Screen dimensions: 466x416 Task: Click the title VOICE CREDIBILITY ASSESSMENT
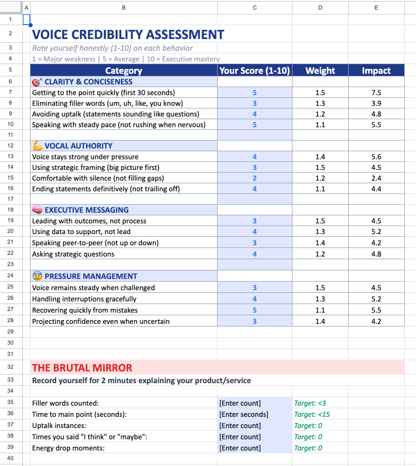(x=128, y=35)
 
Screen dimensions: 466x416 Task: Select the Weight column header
(x=320, y=71)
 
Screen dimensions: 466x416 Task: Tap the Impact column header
(x=376, y=71)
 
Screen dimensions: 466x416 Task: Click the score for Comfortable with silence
(x=255, y=178)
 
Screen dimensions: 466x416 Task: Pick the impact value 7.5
(x=376, y=92)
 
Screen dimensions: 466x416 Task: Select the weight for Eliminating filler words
(x=320, y=103)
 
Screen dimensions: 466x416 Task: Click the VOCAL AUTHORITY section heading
(x=78, y=146)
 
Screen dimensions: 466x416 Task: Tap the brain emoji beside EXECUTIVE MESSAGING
(x=37, y=210)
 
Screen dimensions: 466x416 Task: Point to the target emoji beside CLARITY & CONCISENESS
(x=37, y=82)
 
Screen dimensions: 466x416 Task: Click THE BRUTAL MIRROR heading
(x=82, y=368)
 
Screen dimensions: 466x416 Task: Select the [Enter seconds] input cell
(x=244, y=414)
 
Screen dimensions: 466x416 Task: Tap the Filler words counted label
(x=65, y=403)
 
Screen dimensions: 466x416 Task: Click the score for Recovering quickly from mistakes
(x=255, y=310)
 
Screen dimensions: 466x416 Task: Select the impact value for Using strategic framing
(x=376, y=167)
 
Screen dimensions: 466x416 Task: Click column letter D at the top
(x=320, y=7)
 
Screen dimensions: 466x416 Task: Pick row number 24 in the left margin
(x=11, y=276)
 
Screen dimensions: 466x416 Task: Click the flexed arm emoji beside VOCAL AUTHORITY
(x=37, y=145)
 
